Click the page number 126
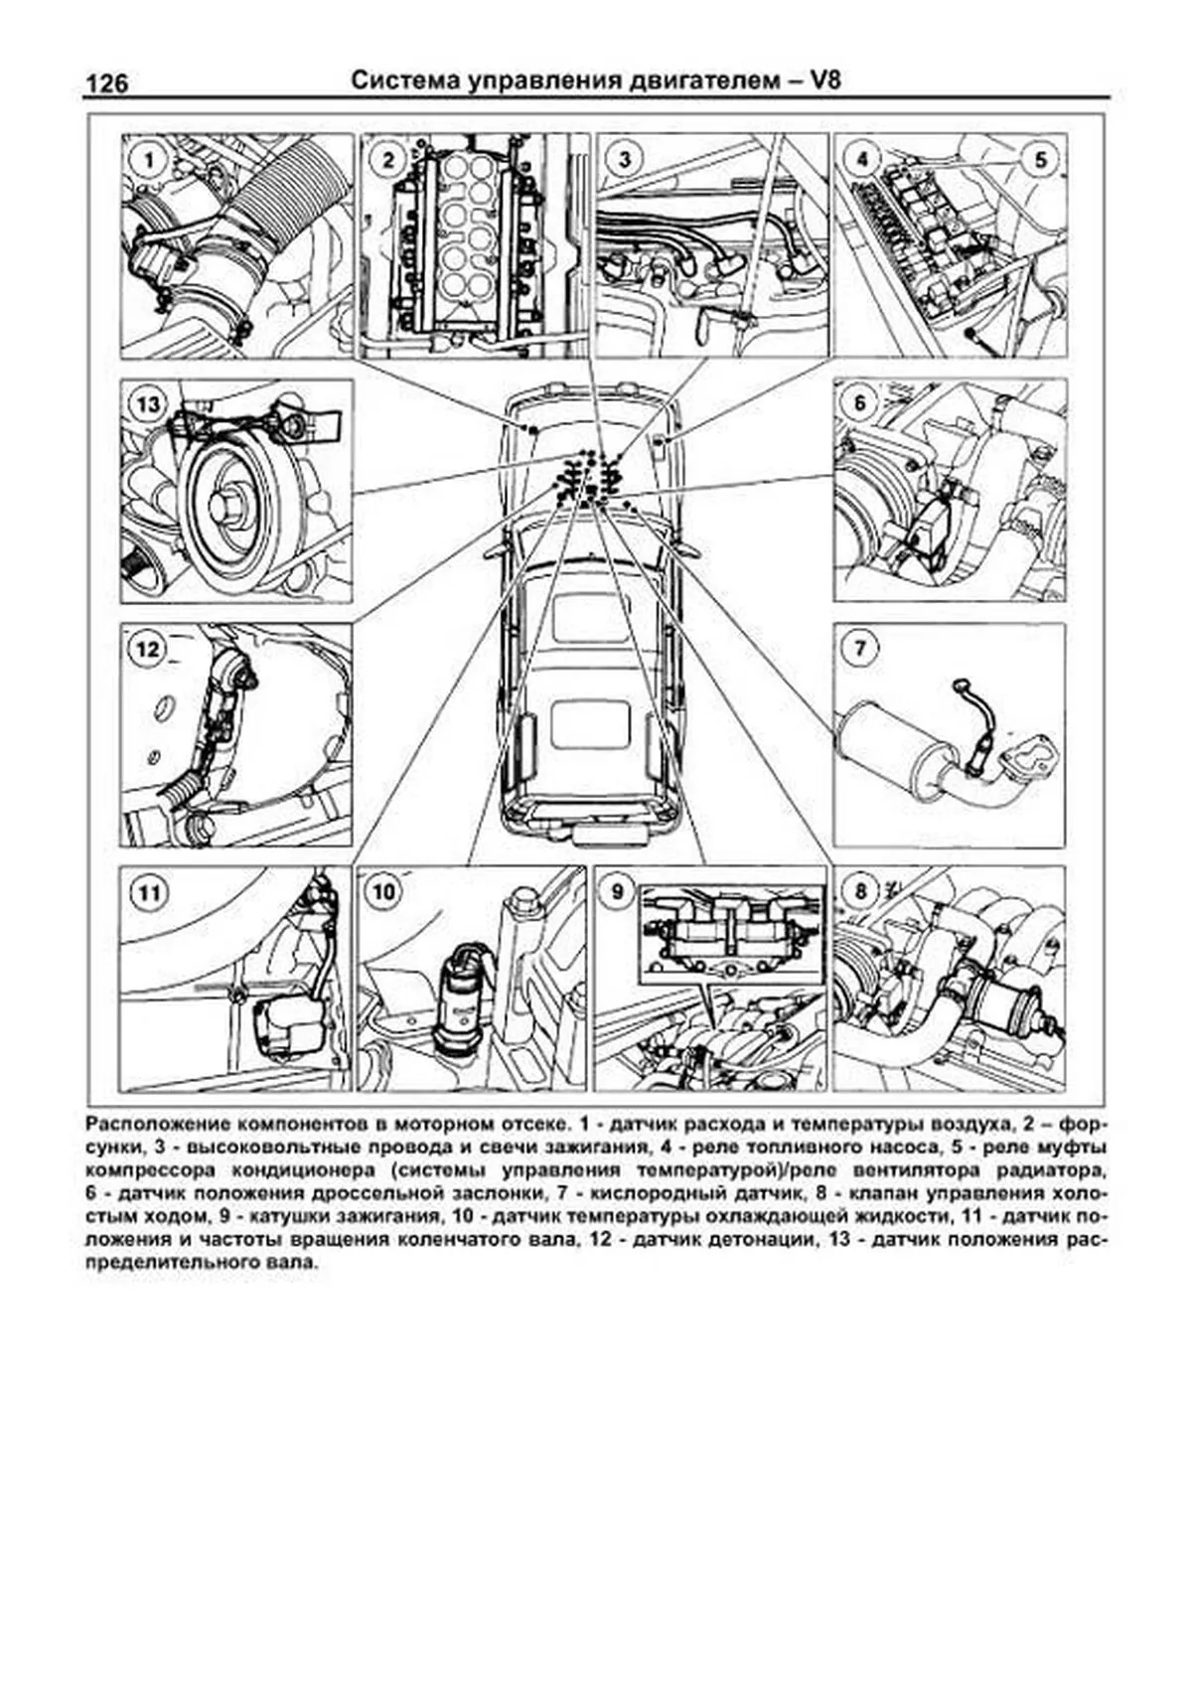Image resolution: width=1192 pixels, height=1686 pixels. (x=107, y=83)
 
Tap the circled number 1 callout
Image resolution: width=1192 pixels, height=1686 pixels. (x=148, y=160)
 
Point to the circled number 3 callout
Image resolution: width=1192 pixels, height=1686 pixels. (x=623, y=160)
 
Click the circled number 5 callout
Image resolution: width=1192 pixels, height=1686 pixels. (x=1040, y=159)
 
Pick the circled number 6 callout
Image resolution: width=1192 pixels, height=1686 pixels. (x=860, y=403)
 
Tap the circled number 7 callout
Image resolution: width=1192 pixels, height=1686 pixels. (x=860, y=649)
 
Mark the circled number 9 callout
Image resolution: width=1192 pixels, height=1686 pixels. (x=619, y=891)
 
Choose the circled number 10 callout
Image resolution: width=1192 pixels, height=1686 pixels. (x=383, y=891)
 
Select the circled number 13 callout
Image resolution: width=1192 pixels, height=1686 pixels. (x=148, y=404)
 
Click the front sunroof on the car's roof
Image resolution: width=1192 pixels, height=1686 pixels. (x=589, y=616)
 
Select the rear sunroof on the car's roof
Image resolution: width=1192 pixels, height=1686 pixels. (x=588, y=723)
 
